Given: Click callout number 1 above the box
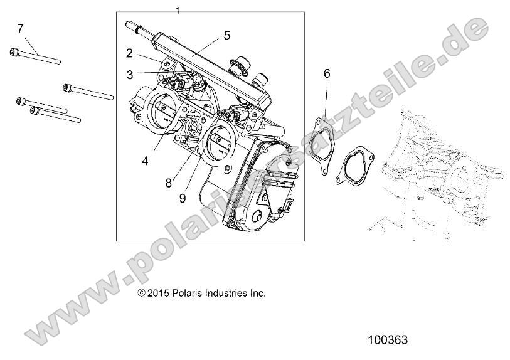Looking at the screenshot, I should pyautogui.click(x=178, y=11).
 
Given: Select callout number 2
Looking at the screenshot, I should pyautogui.click(x=129, y=53).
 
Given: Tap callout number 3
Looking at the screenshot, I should pyautogui.click(x=129, y=75).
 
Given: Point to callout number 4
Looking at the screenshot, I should pyautogui.click(x=145, y=161).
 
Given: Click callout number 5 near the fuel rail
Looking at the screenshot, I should pyautogui.click(x=226, y=35).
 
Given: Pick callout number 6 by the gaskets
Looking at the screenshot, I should pyautogui.click(x=327, y=73).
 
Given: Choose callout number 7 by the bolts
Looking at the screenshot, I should pyautogui.click(x=20, y=28).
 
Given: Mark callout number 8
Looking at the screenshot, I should pyautogui.click(x=168, y=183).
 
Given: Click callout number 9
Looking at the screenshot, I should pyautogui.click(x=182, y=198).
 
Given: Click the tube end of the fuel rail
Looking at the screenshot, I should pyautogui.click(x=132, y=26).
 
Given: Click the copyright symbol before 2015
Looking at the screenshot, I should pyautogui.click(x=142, y=293).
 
